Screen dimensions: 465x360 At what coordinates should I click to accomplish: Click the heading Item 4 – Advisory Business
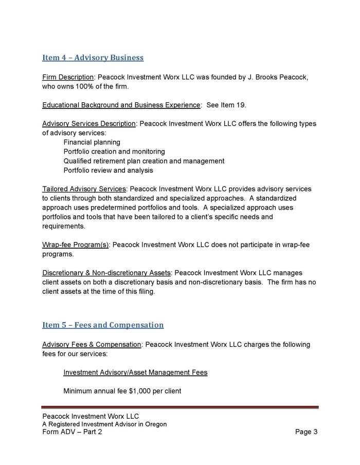93,58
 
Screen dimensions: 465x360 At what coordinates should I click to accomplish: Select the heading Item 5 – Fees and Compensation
103,325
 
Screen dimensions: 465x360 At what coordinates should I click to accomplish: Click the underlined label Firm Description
68,77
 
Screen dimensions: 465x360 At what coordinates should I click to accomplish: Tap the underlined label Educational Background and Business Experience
121,105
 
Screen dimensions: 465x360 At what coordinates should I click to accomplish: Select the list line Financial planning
92,142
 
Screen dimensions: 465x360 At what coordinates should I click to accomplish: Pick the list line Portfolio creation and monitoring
114,152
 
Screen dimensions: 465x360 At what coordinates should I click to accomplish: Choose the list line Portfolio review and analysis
108,170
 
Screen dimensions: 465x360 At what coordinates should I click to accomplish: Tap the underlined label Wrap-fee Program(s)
75,245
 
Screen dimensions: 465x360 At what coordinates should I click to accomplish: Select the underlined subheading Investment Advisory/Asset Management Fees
135,372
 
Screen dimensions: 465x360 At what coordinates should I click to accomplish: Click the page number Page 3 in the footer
306,432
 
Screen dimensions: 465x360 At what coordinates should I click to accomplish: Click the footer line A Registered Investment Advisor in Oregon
104,424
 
